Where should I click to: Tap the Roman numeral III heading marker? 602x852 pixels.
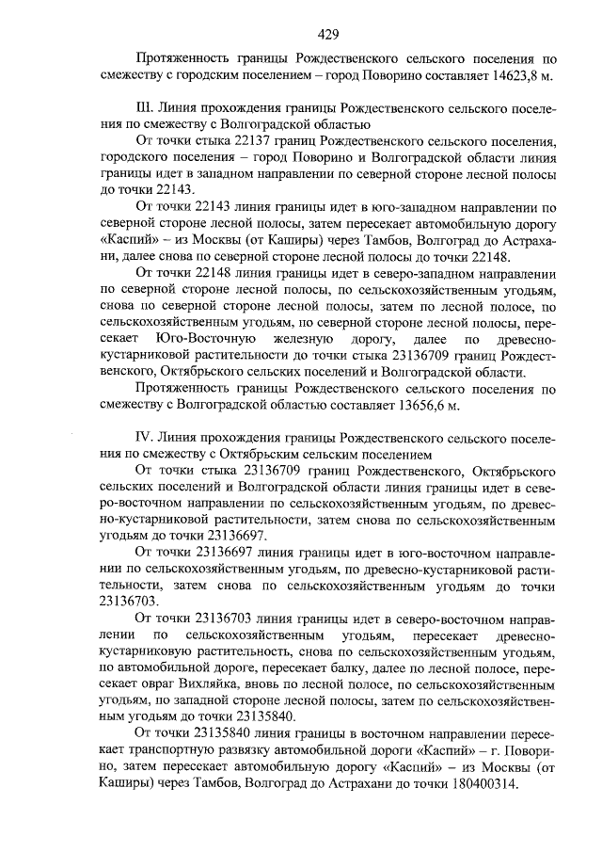[145, 108]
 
